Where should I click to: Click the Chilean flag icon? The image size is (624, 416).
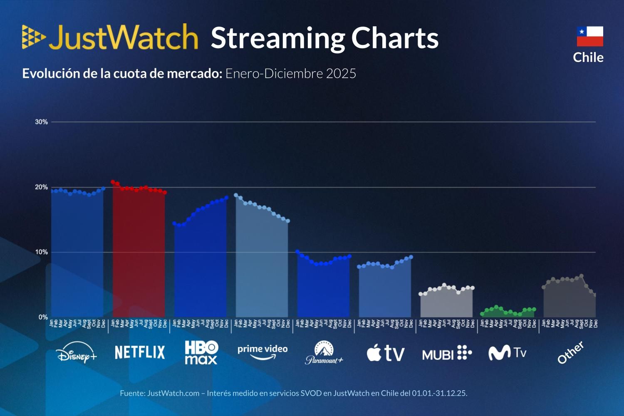point(590,36)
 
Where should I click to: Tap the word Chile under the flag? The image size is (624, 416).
point(588,57)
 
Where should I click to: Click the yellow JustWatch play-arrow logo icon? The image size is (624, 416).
point(33,37)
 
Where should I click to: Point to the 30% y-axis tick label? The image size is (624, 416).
point(41,122)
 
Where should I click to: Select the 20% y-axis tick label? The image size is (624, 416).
point(41,187)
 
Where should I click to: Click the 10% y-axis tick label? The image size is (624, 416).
point(41,252)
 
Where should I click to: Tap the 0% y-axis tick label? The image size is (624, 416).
point(43,317)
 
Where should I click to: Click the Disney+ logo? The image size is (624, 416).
point(77,353)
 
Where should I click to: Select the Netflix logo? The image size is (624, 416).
point(140,352)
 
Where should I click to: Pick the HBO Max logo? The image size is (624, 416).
point(201,352)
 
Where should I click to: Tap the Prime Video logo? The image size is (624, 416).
point(262,352)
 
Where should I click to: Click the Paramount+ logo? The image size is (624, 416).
point(324,353)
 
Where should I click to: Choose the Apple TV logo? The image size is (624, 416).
point(385,353)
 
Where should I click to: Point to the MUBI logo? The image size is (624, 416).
point(447,353)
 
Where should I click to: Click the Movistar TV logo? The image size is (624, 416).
point(507,353)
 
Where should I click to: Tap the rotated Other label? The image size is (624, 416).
point(571,353)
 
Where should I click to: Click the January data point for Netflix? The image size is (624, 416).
point(113,182)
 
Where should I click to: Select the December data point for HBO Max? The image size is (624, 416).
point(226,198)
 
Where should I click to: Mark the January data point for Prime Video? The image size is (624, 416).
point(236,195)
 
